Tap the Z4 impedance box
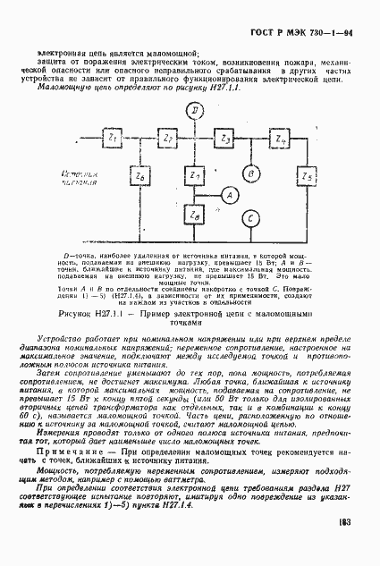(x=279, y=139)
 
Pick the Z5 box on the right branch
(x=307, y=177)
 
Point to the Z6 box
(x=139, y=177)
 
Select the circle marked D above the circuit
(x=196, y=110)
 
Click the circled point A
(x=228, y=195)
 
